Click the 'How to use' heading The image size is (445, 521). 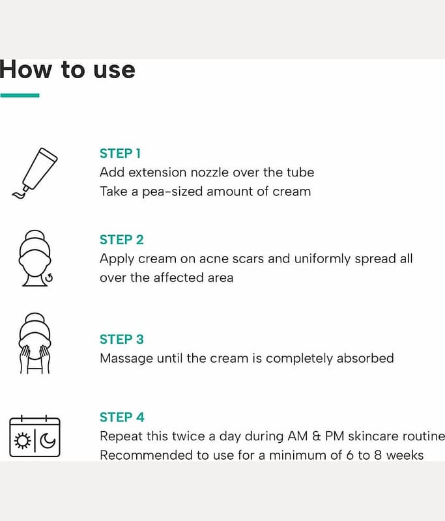[x=68, y=70]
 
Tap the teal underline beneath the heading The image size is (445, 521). [x=20, y=95]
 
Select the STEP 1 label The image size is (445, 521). [x=121, y=154]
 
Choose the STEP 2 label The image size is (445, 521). [x=122, y=240]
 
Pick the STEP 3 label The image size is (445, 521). [x=122, y=339]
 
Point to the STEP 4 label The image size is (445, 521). [x=122, y=417]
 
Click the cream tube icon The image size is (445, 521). [x=35, y=173]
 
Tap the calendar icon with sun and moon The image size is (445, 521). [x=35, y=436]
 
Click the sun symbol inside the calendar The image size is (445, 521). [x=23, y=441]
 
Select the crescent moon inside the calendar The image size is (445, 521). [x=48, y=441]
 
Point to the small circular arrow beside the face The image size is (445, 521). [x=49, y=278]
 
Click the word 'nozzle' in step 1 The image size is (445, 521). [x=210, y=173]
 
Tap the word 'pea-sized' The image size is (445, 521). [x=173, y=192]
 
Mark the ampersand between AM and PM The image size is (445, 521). [x=317, y=436]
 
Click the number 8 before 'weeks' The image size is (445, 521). [x=377, y=455]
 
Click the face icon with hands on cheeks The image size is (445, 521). [x=35, y=343]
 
